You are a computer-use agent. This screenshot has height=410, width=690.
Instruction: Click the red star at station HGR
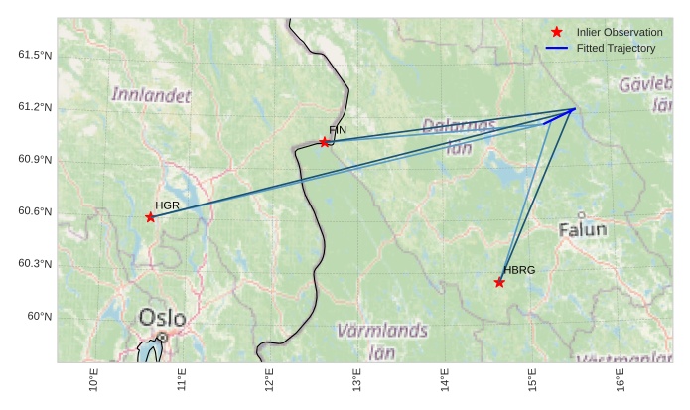tap(150, 217)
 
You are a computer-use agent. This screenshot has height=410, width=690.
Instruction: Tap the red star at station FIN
tap(325, 142)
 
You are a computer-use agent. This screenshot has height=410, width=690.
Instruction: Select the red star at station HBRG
tap(499, 283)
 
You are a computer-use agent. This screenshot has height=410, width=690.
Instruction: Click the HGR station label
tap(166, 205)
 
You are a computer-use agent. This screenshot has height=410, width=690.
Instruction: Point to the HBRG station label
tap(519, 270)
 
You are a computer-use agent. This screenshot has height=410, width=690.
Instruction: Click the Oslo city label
tap(162, 318)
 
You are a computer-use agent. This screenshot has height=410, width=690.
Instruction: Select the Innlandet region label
tap(150, 95)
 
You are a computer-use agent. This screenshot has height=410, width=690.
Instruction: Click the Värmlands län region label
tap(382, 340)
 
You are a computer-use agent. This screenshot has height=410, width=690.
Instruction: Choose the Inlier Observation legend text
tap(620, 33)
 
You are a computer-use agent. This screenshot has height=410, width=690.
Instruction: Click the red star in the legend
tap(557, 33)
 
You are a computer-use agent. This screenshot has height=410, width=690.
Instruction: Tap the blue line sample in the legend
tap(557, 48)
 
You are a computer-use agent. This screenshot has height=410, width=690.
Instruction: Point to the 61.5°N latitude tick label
tap(35, 55)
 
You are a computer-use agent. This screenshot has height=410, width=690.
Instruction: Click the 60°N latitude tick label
tap(40, 316)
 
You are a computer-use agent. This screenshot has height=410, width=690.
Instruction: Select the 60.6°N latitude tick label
tap(35, 211)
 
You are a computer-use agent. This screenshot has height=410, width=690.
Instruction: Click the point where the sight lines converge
tap(574, 109)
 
